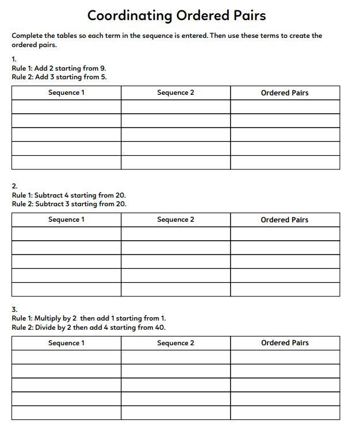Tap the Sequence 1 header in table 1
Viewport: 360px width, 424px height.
point(66,92)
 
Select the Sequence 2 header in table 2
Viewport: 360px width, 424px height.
point(175,219)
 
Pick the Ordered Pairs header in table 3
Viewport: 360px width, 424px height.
point(285,343)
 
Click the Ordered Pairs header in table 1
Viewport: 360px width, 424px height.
point(285,92)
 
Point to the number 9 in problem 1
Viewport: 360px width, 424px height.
point(103,68)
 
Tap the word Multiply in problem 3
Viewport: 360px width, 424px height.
point(48,318)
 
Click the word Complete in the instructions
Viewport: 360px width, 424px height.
point(26,36)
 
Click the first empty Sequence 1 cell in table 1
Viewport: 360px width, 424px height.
point(66,107)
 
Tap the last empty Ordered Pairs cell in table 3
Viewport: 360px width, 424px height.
point(285,413)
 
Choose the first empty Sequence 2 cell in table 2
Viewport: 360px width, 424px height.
point(175,234)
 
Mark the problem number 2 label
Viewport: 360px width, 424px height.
point(14,186)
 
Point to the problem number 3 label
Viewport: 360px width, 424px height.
point(14,310)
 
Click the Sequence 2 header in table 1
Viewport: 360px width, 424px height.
point(175,92)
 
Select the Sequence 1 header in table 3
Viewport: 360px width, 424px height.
point(66,343)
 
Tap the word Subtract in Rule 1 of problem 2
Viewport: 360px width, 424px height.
point(48,195)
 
